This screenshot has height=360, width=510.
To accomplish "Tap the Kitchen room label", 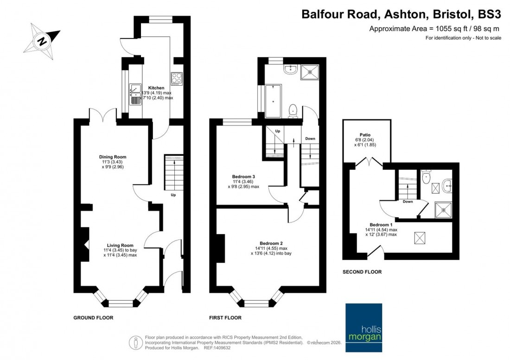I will [156, 88].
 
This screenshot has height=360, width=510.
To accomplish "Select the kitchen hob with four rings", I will [177, 78].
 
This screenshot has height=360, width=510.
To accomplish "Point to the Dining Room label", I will [112, 157].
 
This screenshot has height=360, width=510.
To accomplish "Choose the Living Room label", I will [120, 246].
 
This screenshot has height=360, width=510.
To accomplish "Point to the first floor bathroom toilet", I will [293, 110].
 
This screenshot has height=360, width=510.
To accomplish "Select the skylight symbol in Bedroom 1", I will [419, 238].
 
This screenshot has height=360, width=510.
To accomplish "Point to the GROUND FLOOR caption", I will [93, 318].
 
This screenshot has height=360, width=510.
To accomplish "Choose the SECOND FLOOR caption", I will [362, 272].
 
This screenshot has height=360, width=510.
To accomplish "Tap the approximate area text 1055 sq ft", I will [435, 29].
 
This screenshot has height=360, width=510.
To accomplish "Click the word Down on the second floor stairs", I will [408, 202].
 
